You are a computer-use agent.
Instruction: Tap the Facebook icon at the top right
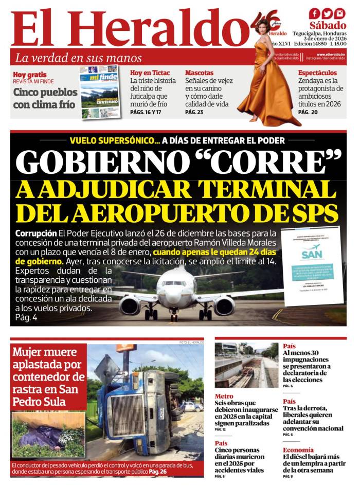[x=314, y=14]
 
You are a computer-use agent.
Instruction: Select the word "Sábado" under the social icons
[x=328, y=25]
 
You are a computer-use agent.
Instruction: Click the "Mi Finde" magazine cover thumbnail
[x=100, y=92]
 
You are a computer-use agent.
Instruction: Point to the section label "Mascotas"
[x=199, y=73]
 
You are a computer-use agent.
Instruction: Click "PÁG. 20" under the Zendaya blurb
[x=308, y=112]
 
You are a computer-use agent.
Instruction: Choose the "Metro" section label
[x=224, y=396]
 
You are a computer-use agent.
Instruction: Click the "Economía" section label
[x=298, y=449]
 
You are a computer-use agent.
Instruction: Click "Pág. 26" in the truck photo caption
[x=158, y=472]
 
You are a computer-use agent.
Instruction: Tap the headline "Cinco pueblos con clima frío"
[x=45, y=99]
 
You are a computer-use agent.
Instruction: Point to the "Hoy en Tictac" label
[x=150, y=73]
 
